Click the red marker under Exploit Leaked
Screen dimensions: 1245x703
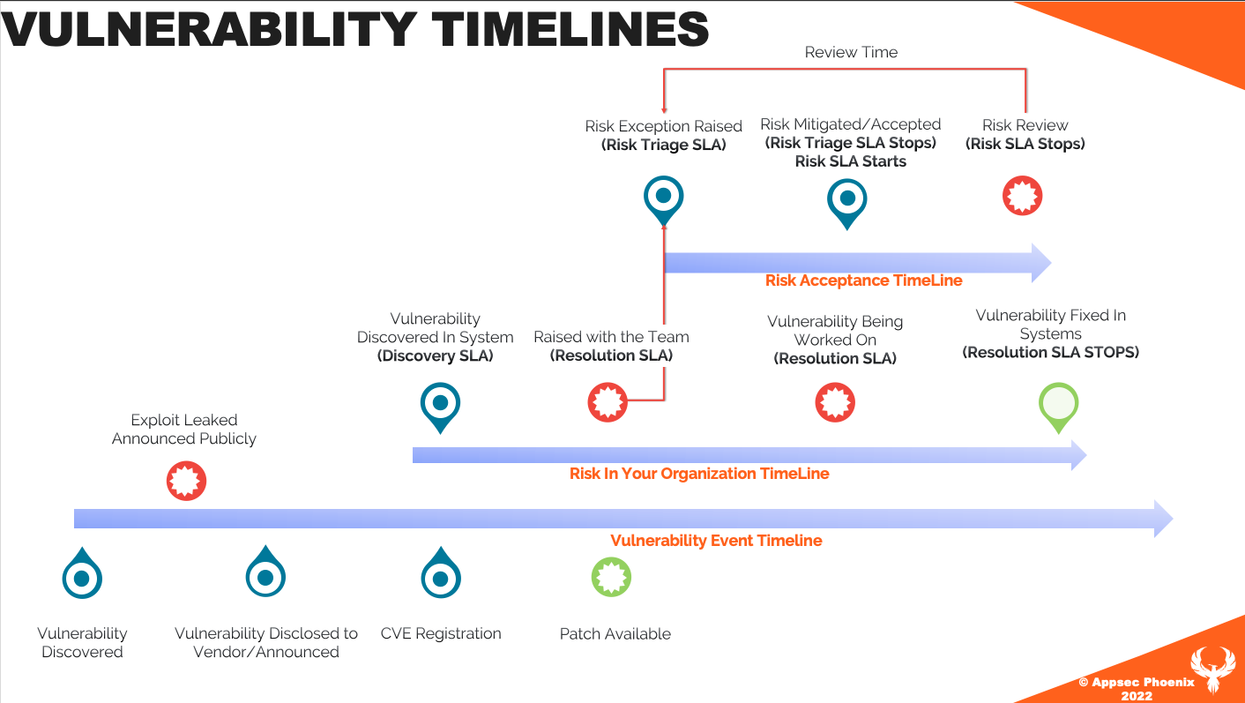(x=186, y=481)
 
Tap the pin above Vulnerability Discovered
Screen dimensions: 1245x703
(x=82, y=573)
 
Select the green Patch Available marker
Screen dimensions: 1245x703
(x=611, y=577)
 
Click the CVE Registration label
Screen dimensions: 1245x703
(x=441, y=633)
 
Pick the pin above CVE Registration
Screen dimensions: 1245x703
(x=441, y=573)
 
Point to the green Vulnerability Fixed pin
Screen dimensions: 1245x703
(x=1059, y=407)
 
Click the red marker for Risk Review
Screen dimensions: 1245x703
(x=1023, y=196)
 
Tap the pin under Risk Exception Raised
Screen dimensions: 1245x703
(x=664, y=200)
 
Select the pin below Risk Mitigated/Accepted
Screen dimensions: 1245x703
(x=847, y=204)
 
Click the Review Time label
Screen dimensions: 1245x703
(x=851, y=52)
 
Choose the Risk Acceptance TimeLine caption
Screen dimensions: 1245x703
(x=864, y=280)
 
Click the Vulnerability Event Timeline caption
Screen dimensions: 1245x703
(x=716, y=541)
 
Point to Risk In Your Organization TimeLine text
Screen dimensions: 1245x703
(x=699, y=474)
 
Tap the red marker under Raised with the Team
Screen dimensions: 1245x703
(x=608, y=402)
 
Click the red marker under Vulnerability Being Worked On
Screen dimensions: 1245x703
(x=835, y=402)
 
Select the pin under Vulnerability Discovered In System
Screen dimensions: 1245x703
(x=440, y=407)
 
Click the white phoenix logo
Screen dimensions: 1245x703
(x=1213, y=669)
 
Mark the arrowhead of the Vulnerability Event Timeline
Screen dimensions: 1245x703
(x=1172, y=519)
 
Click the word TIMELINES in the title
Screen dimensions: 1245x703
(x=570, y=29)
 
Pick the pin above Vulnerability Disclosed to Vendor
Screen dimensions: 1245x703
(x=265, y=572)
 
